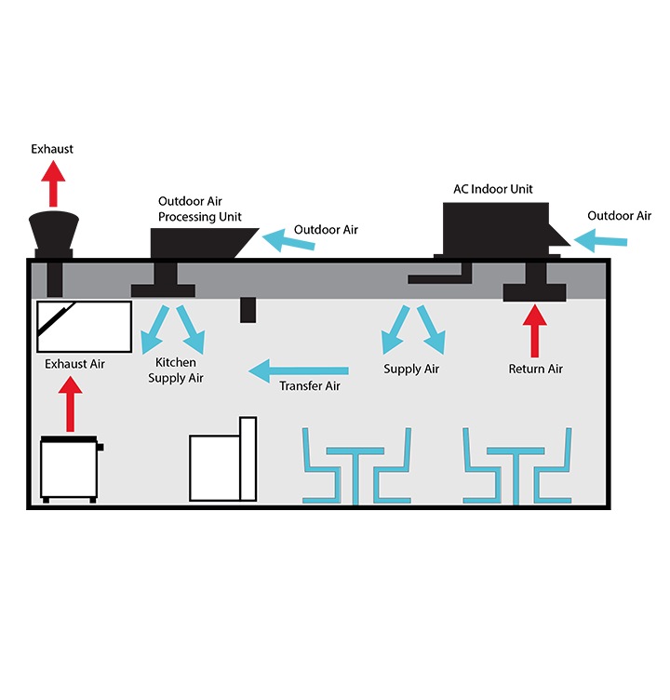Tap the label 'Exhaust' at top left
[x=52, y=149]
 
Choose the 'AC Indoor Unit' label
[x=493, y=188]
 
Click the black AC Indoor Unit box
[x=493, y=228]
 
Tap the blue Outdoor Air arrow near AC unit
[x=600, y=242]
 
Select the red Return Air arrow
[x=534, y=330]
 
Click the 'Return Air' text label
[x=535, y=370]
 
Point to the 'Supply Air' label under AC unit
[x=411, y=370]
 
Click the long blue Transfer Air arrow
[x=298, y=371]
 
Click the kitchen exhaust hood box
[x=84, y=325]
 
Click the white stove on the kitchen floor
[x=70, y=470]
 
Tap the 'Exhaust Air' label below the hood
[x=75, y=364]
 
